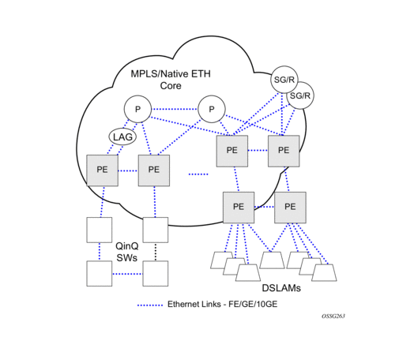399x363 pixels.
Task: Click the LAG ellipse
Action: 122,137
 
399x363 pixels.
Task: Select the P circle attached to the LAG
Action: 137,109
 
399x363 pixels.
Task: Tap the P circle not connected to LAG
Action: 212,109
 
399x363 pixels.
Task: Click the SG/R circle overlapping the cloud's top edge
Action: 284,80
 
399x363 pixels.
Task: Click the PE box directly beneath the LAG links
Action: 103,170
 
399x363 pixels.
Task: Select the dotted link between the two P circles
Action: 175,109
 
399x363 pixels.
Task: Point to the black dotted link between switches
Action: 156,252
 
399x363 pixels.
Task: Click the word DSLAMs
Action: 281,288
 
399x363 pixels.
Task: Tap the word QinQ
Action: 127,246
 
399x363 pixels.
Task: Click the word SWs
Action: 127,258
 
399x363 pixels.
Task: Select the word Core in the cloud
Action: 171,85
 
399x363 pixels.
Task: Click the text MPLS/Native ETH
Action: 171,73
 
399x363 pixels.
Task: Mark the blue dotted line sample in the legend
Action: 150,305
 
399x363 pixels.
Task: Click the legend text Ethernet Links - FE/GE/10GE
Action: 223,305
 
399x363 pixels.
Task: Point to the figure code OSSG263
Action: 333,316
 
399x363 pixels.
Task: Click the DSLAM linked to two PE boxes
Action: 272,260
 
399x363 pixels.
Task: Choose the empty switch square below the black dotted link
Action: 156,274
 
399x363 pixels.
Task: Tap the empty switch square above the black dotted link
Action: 156,230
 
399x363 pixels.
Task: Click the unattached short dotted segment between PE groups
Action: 198,174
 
